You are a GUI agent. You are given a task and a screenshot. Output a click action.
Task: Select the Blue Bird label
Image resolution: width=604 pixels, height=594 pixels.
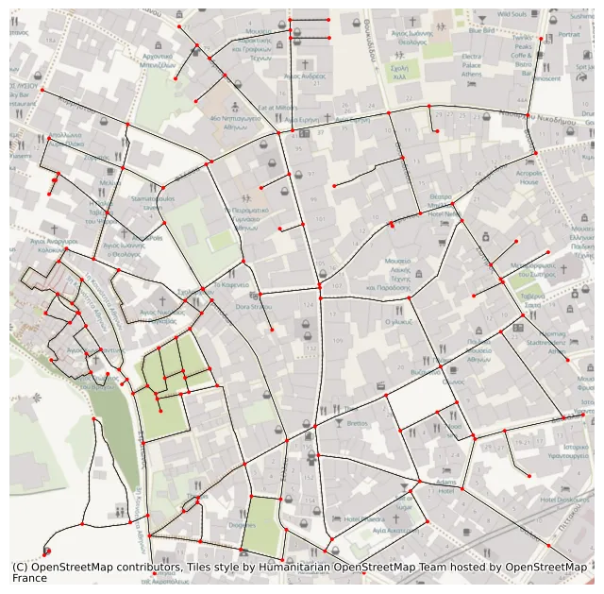tap(481, 30)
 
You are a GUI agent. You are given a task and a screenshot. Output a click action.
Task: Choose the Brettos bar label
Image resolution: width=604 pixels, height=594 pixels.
tap(357, 424)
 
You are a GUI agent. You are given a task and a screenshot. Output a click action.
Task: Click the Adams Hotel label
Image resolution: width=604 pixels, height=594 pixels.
tap(446, 485)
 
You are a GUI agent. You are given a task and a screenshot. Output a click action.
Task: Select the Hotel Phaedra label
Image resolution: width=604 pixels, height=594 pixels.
tap(362, 518)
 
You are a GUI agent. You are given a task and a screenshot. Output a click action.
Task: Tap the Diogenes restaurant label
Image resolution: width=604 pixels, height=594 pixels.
tap(242, 524)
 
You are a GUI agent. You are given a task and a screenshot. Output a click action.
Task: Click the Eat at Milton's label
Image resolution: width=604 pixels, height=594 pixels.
tap(277, 108)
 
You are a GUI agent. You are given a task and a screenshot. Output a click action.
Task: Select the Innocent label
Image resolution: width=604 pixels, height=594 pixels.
tap(546, 79)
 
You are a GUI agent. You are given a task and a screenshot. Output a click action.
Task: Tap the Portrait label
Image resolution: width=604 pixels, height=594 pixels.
tap(569, 35)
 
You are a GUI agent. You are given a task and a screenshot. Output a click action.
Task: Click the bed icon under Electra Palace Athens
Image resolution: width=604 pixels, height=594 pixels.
tap(471, 91)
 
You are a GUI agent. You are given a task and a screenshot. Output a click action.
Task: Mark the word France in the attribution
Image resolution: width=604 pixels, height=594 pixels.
tap(29, 578)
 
